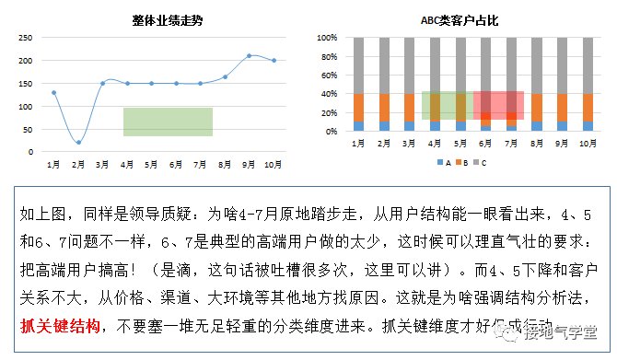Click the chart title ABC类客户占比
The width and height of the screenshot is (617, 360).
[x=460, y=19]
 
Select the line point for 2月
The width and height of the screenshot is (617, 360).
[x=78, y=142]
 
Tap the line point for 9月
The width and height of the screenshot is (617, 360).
[x=249, y=56]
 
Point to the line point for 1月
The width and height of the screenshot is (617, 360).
[x=53, y=93]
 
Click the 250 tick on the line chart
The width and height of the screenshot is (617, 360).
[x=26, y=38]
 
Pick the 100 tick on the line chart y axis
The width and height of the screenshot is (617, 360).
[x=26, y=107]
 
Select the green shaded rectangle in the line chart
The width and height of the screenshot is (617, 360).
[x=169, y=122]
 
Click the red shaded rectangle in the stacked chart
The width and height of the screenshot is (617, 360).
[x=498, y=105]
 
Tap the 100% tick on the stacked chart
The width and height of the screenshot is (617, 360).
[x=329, y=38]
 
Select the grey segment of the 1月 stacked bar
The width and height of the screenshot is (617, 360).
[x=358, y=64]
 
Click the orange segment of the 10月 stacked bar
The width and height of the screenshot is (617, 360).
[x=587, y=107]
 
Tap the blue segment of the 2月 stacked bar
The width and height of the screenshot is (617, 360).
[x=384, y=126]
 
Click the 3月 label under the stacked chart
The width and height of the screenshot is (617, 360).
[x=410, y=144]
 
